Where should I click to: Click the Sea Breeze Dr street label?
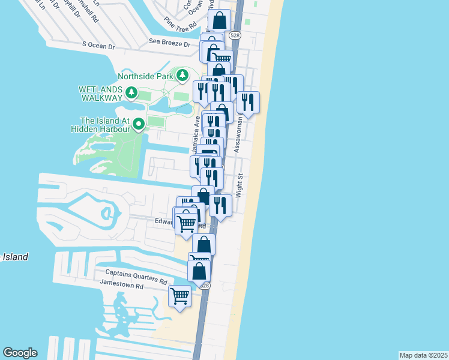pos(170,43)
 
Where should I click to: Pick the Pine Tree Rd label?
pos(180,26)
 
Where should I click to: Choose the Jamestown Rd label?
pos(122,286)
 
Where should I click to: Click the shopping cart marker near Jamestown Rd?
pos(180,296)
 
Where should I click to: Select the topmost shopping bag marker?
pos(220,20)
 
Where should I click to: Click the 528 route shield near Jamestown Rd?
pos(205,286)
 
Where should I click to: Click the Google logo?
pos(20,353)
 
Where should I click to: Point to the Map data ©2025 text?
pos(423,355)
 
